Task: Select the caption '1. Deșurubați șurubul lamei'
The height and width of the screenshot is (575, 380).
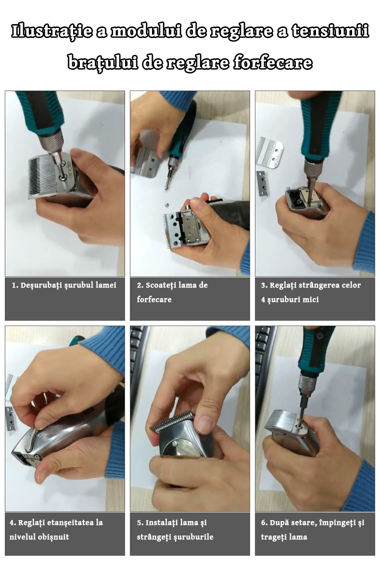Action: [x=64, y=285]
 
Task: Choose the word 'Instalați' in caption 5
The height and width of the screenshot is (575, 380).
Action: [x=161, y=523]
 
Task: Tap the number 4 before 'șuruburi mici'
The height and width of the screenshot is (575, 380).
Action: [x=263, y=300]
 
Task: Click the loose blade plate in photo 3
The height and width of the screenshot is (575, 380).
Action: [x=270, y=152]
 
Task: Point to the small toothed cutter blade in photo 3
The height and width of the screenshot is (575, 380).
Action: [x=262, y=184]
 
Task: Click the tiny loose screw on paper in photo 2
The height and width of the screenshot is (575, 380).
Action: [x=165, y=205]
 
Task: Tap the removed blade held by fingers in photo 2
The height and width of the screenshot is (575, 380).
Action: [x=145, y=162]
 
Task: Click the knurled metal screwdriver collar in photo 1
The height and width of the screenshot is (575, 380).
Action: [x=51, y=141]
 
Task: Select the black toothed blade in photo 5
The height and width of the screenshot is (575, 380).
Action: [x=172, y=421]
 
